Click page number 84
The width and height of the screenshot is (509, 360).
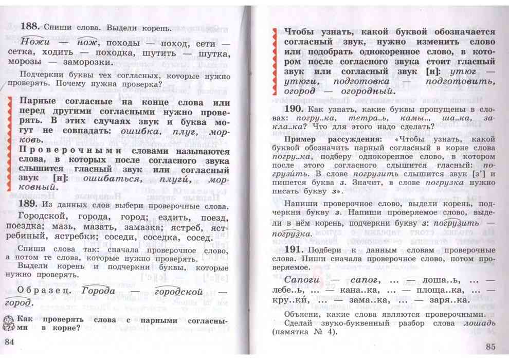[x=11, y=342]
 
